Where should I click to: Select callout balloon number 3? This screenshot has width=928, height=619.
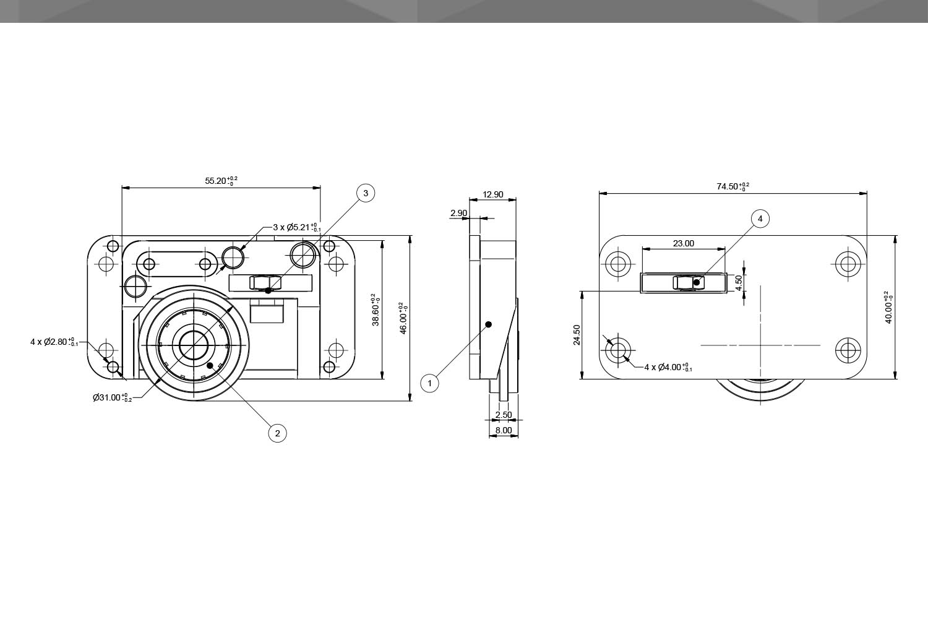(x=366, y=194)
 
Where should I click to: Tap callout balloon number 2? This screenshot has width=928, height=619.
(x=277, y=433)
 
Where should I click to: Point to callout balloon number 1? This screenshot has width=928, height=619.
(x=429, y=383)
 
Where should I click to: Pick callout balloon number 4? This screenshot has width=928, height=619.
(x=760, y=219)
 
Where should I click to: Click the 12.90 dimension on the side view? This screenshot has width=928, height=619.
(x=493, y=194)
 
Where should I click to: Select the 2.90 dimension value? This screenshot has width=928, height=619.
(x=459, y=213)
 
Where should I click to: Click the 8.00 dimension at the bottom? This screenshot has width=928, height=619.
(x=504, y=430)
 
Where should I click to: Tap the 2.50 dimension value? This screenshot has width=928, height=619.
(x=504, y=415)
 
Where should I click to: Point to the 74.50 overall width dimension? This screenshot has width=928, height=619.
(x=733, y=186)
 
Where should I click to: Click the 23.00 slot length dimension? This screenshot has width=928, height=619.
(x=684, y=243)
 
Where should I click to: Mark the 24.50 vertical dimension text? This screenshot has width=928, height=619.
(x=577, y=335)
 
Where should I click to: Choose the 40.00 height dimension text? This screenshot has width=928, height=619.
(x=890, y=307)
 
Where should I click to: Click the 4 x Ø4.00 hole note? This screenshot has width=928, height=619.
(x=668, y=367)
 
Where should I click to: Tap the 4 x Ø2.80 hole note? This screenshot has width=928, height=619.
(x=54, y=341)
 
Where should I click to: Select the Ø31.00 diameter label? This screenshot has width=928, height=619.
(x=111, y=397)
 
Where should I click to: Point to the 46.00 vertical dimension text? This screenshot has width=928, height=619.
(x=404, y=318)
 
